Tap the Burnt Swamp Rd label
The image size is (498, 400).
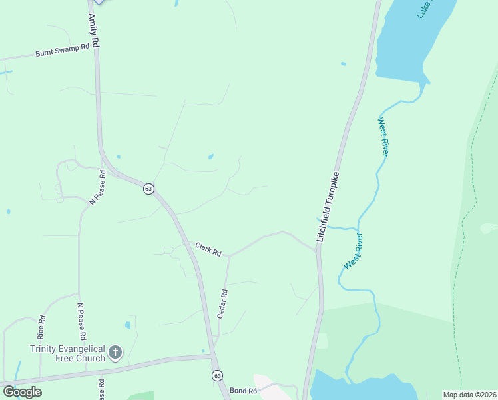62,51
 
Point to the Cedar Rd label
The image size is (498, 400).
224,302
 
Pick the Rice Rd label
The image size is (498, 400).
41,324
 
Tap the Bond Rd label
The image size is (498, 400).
243,390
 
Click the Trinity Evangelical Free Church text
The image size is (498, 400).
67,353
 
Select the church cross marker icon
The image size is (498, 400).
115,352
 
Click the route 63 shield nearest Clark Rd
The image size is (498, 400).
148,189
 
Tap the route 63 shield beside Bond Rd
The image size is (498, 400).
218,376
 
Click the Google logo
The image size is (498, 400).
22,391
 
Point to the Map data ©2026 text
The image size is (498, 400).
469,395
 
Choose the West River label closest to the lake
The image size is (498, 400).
383,137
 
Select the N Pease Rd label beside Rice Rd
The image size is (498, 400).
80,319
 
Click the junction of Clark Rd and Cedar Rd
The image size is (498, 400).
228,255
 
